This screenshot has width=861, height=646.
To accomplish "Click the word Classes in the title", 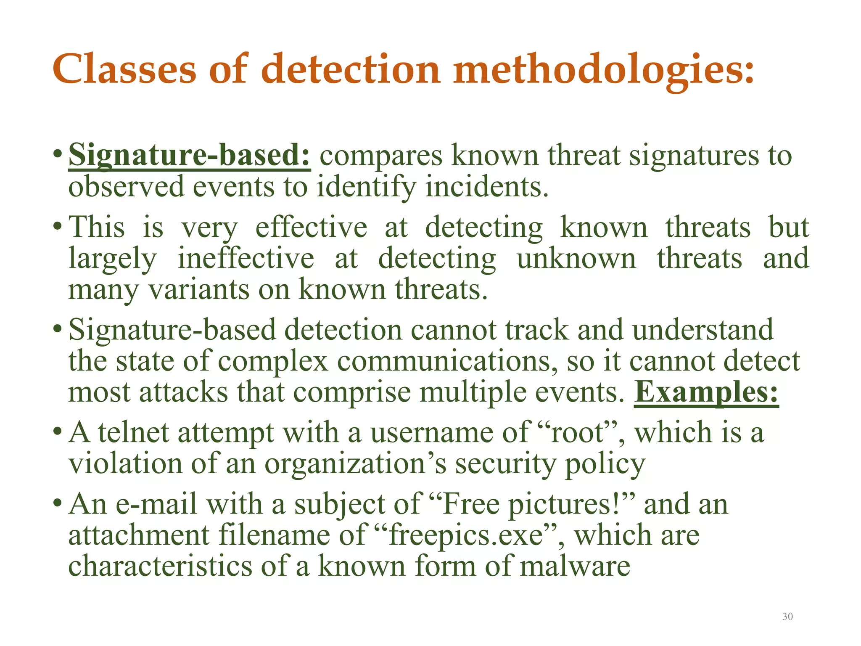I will pos(124,69).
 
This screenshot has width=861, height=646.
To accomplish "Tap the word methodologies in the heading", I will pos(604,69).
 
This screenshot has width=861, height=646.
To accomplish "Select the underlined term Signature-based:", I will pos(189,156).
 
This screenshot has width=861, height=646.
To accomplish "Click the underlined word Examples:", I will pos(706,392).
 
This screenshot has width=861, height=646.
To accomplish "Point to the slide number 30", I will pos(787,617).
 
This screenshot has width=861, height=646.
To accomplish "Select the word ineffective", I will pos(246,258).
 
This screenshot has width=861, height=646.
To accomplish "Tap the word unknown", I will pos(576,258).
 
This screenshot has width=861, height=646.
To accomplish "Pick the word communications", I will pos(447,361).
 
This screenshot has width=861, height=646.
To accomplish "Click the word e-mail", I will pos(156,504).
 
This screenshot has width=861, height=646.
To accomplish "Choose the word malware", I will pos(575,567).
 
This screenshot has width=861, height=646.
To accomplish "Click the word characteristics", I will pos(160,567).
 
